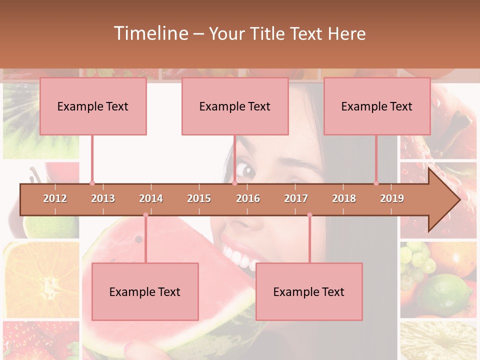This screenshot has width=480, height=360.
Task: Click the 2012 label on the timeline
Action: pyautogui.click(x=55, y=198)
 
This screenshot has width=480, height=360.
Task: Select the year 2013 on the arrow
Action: pyautogui.click(x=103, y=198)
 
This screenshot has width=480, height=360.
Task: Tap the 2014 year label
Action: pyautogui.click(x=151, y=198)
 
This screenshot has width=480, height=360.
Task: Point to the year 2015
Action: pyautogui.click(x=199, y=198)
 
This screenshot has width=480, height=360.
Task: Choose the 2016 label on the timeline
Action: pyautogui.click(x=248, y=198)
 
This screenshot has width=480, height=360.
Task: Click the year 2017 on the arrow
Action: pyautogui.click(x=296, y=198)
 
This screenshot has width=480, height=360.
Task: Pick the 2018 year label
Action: pyautogui.click(x=344, y=198)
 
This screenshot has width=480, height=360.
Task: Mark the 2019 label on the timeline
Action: pyautogui.click(x=392, y=198)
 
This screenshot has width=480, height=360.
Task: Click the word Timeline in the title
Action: pyautogui.click(x=150, y=33)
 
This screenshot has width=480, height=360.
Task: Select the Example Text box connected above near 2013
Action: pyautogui.click(x=93, y=106)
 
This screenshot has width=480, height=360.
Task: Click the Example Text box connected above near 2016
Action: pyautogui.click(x=235, y=106)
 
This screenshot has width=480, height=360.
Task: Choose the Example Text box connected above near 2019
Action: pyautogui.click(x=377, y=106)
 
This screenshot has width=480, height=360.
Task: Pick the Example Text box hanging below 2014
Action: pyautogui.click(x=145, y=291)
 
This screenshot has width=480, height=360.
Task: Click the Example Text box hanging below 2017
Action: pyautogui.click(x=309, y=291)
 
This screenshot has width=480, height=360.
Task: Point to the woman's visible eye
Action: pyautogui.click(x=246, y=170)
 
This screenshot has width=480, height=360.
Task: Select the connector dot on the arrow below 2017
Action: pyautogui.click(x=309, y=215)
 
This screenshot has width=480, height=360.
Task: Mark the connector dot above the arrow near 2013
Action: pyautogui.click(x=92, y=183)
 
